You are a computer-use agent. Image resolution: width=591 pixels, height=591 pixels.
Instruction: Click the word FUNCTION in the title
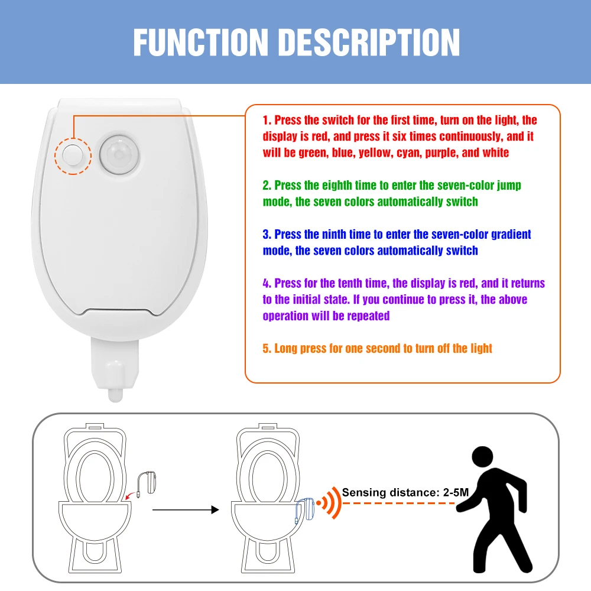click(x=201, y=42)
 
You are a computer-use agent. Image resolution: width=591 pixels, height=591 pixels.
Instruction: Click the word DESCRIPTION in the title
click(x=369, y=42)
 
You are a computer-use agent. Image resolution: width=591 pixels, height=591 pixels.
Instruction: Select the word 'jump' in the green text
click(x=508, y=186)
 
